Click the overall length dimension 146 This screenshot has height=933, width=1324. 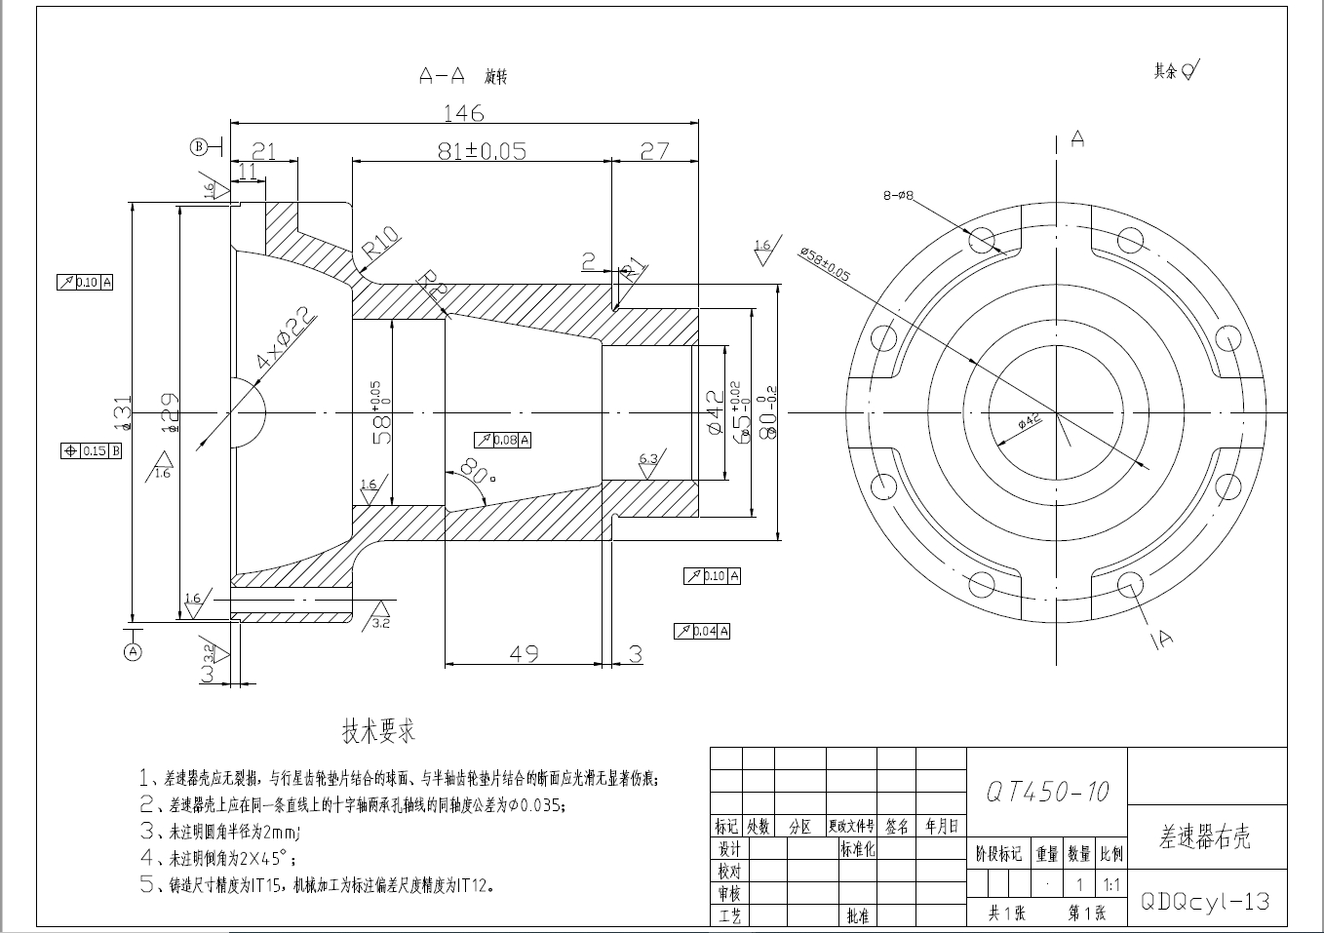463,113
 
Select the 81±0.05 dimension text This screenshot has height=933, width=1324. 482,150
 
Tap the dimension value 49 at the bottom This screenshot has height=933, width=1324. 525,653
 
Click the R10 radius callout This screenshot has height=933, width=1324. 380,248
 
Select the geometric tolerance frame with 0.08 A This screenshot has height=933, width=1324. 502,440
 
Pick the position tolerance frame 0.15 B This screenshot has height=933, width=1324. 91,450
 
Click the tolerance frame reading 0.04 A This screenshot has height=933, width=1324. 702,631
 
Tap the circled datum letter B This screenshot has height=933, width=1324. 199,147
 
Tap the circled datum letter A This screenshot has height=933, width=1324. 133,650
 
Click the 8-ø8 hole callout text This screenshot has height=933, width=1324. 898,196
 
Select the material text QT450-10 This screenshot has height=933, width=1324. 1047,792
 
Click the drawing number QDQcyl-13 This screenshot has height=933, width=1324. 1205,901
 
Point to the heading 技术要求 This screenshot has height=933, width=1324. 378,731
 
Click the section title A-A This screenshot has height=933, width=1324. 442,75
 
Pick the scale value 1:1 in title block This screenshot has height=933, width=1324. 1111,885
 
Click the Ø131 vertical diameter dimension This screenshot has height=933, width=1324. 123,413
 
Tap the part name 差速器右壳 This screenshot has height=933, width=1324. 1205,836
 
